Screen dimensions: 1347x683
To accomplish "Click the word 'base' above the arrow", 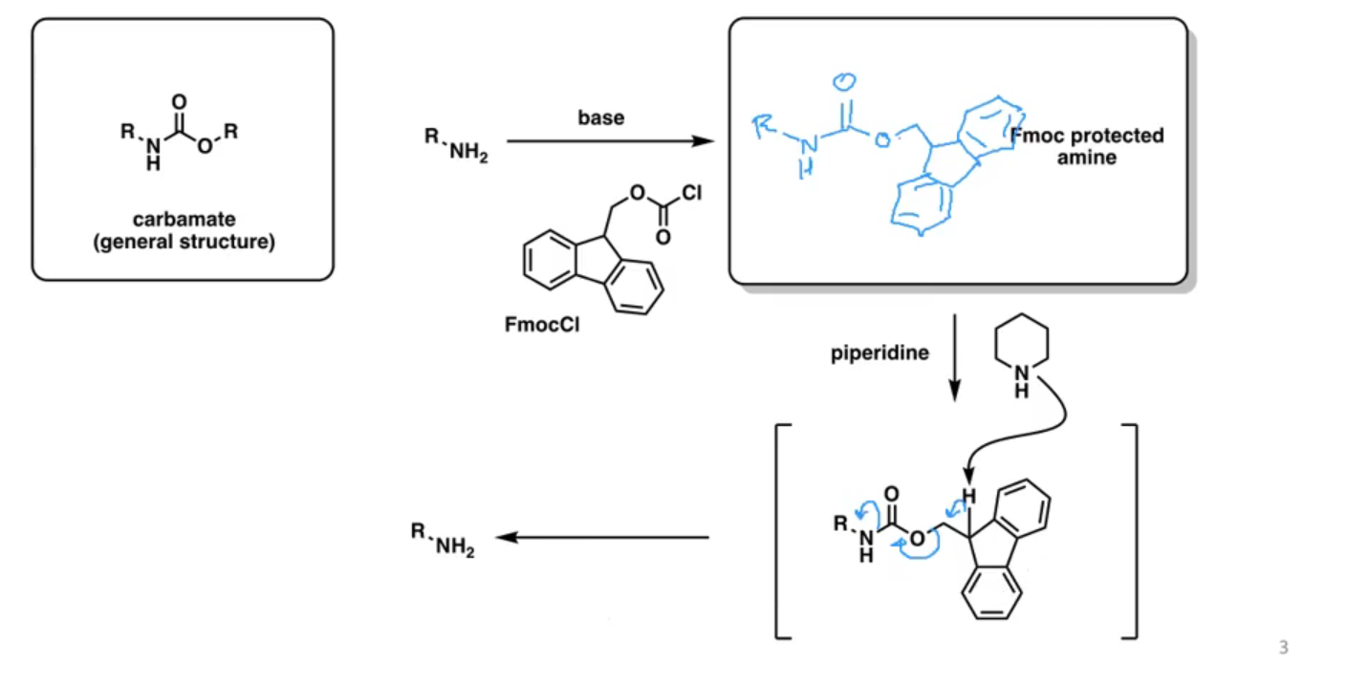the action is (x=600, y=117).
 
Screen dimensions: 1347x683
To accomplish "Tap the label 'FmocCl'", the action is (x=542, y=325).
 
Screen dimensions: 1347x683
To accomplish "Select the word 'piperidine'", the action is (x=880, y=353).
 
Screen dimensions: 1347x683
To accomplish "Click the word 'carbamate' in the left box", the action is (x=184, y=220).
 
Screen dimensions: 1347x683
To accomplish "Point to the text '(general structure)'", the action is (x=184, y=242).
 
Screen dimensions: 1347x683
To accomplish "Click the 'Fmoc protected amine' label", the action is (x=1087, y=146).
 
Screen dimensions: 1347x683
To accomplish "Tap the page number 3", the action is (x=1283, y=647).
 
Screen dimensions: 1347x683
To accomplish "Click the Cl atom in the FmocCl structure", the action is (x=691, y=193).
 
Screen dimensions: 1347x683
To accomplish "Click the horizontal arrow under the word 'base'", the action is (x=610, y=141).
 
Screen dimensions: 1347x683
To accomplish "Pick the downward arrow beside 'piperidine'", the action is (x=954, y=357).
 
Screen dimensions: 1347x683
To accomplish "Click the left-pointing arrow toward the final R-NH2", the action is (x=602, y=537).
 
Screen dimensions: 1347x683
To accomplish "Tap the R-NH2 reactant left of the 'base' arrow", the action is (x=456, y=145).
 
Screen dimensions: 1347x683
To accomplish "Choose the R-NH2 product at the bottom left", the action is (x=443, y=540).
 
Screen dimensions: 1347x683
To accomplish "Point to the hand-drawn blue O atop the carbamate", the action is (x=844, y=81).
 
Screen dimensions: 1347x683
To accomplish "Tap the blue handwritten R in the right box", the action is (x=764, y=126).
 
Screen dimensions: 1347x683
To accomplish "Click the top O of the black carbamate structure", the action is (x=179, y=101).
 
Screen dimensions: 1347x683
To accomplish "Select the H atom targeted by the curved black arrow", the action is (x=968, y=496).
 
